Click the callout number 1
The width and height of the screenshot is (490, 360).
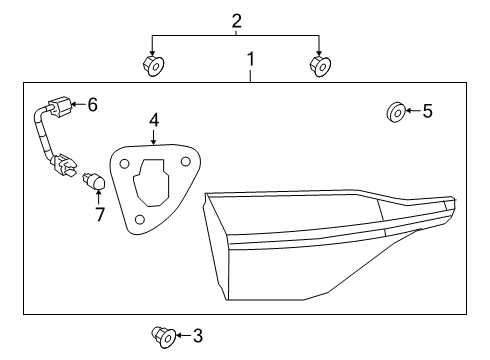(x=250, y=63)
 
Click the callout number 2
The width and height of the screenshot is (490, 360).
(x=236, y=20)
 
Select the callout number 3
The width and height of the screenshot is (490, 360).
(x=197, y=335)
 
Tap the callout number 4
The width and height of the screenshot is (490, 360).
(x=154, y=120)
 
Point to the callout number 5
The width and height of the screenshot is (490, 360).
(x=427, y=111)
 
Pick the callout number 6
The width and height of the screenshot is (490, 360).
(x=92, y=103)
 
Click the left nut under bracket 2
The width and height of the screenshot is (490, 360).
(x=153, y=66)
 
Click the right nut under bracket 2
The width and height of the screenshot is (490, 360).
(x=321, y=66)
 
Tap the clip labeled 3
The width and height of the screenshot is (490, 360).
(x=160, y=335)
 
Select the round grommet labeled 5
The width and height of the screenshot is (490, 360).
(x=394, y=111)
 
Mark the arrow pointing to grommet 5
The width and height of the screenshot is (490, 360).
(x=411, y=111)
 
